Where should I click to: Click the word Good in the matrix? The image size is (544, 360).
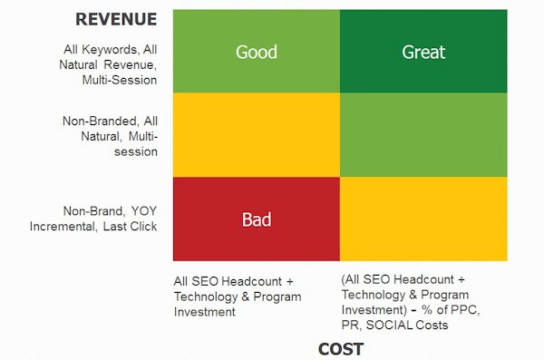[256, 52]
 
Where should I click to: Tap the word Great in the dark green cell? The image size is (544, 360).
[423, 52]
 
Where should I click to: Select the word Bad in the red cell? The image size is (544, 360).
[256, 219]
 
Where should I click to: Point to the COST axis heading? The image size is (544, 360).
[341, 349]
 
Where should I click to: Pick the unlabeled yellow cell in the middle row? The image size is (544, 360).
[256, 135]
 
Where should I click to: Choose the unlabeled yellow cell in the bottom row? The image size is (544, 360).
[423, 219]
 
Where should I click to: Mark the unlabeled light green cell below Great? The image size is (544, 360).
[423, 135]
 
